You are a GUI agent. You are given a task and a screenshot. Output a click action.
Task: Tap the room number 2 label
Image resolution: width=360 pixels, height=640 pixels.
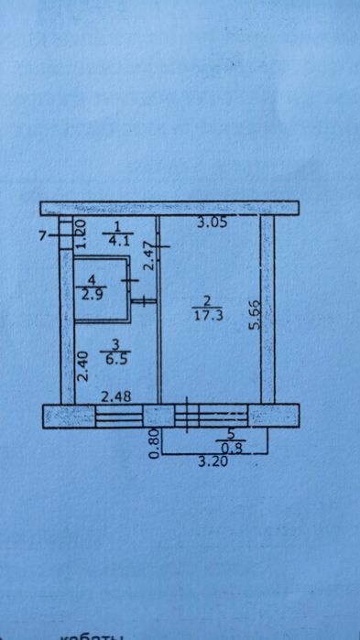207,300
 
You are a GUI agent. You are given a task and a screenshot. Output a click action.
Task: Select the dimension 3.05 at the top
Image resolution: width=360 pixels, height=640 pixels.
213,221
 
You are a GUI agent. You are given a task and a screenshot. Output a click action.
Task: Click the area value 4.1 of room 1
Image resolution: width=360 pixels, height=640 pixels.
118,242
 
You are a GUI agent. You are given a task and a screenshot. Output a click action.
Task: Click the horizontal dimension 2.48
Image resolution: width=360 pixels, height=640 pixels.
116,396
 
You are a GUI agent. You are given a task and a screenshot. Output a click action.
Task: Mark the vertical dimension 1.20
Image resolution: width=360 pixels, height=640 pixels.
80,235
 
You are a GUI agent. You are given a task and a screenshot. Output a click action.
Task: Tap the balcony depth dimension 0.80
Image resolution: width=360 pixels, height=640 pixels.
155,442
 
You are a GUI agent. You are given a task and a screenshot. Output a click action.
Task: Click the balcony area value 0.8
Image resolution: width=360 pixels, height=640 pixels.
228,448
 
